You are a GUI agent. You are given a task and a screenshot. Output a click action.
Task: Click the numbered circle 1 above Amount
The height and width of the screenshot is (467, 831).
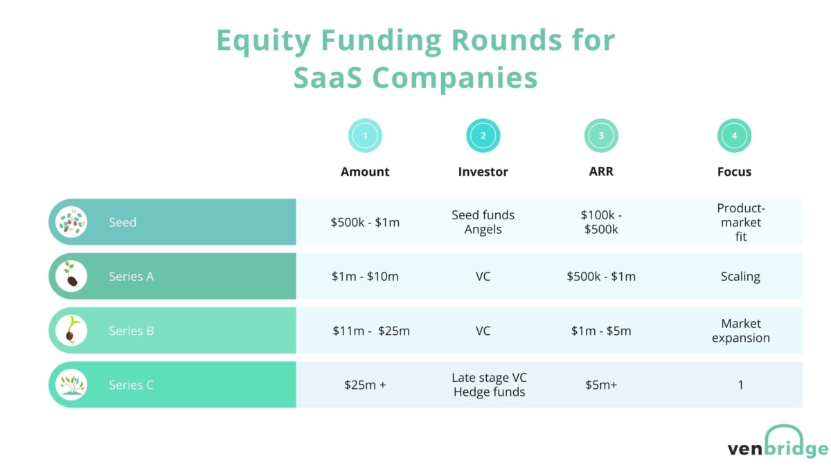pyautogui.click(x=365, y=136)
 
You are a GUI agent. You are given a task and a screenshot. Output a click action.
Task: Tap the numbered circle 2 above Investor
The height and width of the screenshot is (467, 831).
pyautogui.click(x=483, y=136)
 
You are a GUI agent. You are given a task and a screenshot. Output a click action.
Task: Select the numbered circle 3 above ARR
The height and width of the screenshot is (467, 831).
pyautogui.click(x=601, y=136)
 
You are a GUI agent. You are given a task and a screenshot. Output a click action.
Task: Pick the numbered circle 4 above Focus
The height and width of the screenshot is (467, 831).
pyautogui.click(x=734, y=136)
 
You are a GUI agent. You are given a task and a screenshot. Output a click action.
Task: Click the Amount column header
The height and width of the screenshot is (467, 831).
pyautogui.click(x=365, y=172)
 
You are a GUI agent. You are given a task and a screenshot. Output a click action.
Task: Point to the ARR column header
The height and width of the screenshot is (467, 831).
pyautogui.click(x=601, y=172)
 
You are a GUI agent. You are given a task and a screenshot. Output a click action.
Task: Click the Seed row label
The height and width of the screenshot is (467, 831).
pyautogui.click(x=123, y=222)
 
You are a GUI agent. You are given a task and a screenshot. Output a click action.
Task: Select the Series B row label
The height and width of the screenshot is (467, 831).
pyautogui.click(x=131, y=331)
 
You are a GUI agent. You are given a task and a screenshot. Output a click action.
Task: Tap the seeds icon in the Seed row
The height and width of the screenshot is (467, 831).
pyautogui.click(x=71, y=222)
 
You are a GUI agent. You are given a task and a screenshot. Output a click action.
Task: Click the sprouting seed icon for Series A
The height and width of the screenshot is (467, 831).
pyautogui.click(x=71, y=276)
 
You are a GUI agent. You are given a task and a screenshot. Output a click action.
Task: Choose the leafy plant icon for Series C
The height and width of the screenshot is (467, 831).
pyautogui.click(x=71, y=385)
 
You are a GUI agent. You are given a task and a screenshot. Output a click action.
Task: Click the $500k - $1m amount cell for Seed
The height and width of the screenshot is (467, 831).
pyautogui.click(x=365, y=222)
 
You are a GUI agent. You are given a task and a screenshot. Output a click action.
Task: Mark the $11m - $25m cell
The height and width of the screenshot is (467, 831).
pyautogui.click(x=370, y=331)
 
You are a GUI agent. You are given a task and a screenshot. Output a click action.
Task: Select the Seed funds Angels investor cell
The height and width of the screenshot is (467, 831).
pyautogui.click(x=483, y=222)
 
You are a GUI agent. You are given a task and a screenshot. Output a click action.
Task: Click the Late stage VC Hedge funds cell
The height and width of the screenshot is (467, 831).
pyautogui.click(x=488, y=385)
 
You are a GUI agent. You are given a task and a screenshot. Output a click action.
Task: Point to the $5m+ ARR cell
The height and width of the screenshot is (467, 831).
pyautogui.click(x=601, y=385)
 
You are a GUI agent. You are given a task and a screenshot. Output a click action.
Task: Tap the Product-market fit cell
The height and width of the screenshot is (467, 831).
pyautogui.click(x=740, y=222)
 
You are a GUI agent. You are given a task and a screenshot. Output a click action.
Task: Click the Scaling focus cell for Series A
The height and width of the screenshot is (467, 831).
pyautogui.click(x=740, y=276)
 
